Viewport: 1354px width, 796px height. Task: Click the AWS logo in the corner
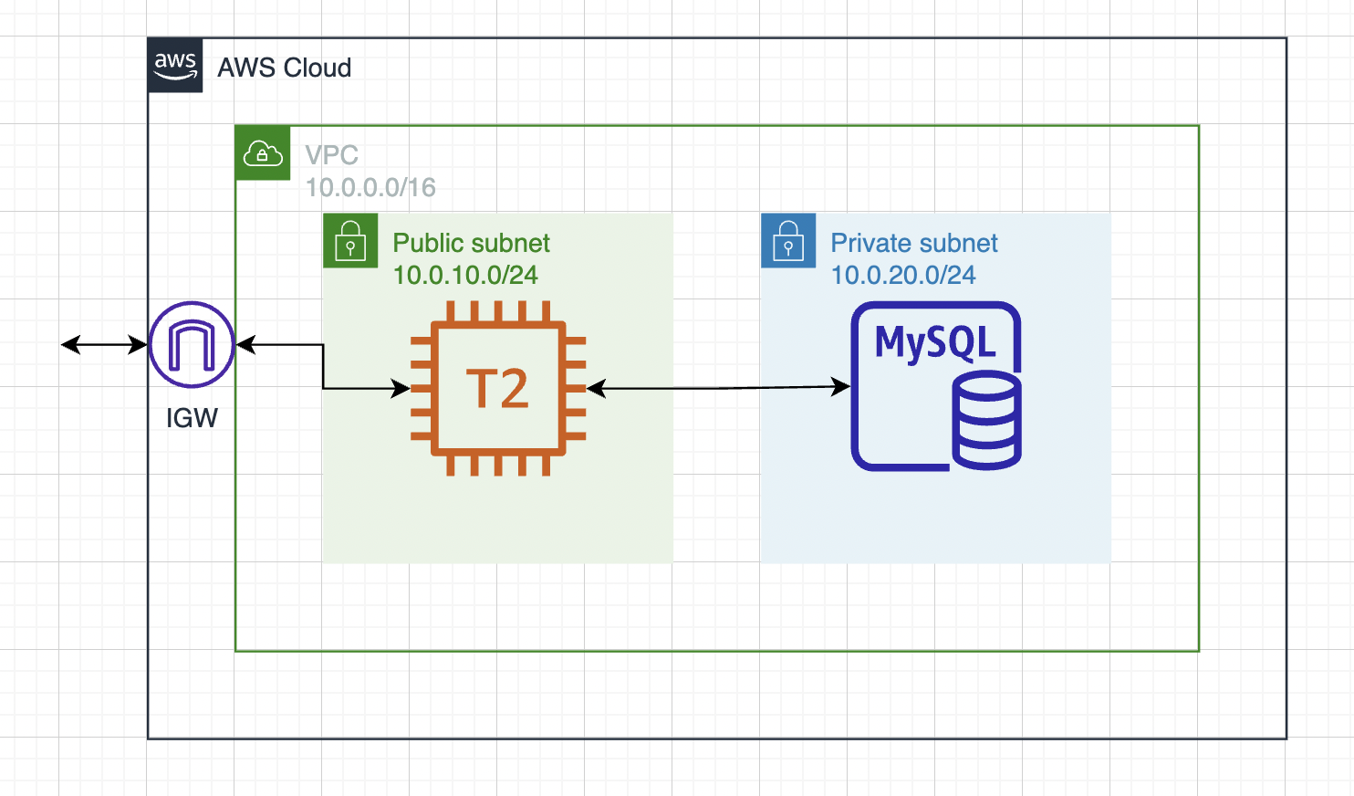tap(175, 66)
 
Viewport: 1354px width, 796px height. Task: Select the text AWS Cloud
tap(284, 68)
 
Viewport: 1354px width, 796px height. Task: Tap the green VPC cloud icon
tap(263, 153)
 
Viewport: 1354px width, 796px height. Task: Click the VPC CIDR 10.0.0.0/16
tap(370, 187)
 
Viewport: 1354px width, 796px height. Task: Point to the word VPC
tap(331, 155)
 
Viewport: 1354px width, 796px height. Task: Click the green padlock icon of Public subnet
tap(350, 241)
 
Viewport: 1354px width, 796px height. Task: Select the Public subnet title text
tap(471, 243)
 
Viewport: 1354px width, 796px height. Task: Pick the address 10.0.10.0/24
tap(465, 275)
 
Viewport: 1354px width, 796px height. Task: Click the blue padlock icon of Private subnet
tap(788, 241)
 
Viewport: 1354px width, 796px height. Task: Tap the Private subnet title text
tap(913, 243)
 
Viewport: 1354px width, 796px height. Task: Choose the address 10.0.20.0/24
tap(902, 275)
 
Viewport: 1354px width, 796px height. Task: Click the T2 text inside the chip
tap(497, 389)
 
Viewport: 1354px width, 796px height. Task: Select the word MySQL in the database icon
tap(935, 342)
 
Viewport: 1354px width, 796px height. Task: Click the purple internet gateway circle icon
tap(192, 345)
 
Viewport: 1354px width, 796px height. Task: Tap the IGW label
tap(192, 418)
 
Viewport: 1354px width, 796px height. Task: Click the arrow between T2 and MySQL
tap(721, 388)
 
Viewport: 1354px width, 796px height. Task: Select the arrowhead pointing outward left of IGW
tap(69, 345)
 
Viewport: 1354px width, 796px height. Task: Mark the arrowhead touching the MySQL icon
tap(841, 387)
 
